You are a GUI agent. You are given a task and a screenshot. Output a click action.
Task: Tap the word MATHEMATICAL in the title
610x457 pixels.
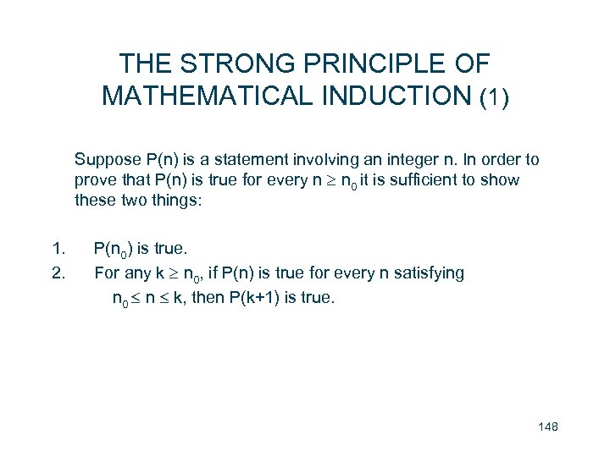(x=208, y=96)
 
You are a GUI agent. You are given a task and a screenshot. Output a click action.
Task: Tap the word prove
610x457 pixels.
(x=94, y=180)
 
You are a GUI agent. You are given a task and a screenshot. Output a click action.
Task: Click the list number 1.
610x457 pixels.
(x=58, y=249)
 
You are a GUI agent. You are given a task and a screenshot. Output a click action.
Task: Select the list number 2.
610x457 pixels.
(x=58, y=273)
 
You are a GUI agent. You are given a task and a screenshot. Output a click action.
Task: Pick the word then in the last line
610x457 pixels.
(x=205, y=298)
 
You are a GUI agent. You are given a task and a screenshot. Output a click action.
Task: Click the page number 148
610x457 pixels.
(x=547, y=427)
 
